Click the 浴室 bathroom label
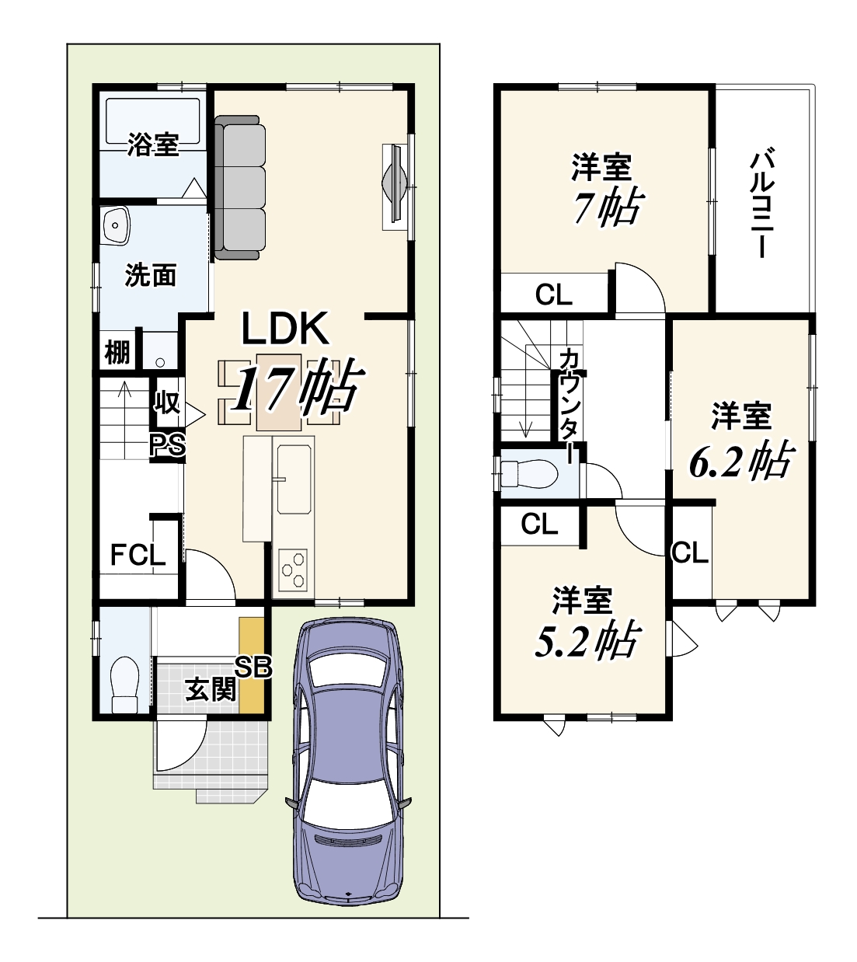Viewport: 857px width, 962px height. [x=153, y=145]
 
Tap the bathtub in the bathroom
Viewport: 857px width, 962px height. [x=152, y=121]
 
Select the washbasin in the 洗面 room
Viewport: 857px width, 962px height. [x=115, y=225]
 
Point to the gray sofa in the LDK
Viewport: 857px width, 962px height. [x=239, y=187]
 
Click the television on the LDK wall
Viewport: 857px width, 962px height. [x=395, y=187]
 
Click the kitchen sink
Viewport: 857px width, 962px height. [x=294, y=479]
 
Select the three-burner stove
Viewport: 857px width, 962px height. [x=292, y=570]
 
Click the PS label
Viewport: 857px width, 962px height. [x=168, y=445]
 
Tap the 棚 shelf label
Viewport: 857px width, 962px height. [x=117, y=352]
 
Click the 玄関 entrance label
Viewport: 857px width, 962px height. [x=211, y=689]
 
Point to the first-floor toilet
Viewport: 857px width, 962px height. [x=124, y=685]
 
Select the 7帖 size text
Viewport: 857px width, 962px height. [x=607, y=207]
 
